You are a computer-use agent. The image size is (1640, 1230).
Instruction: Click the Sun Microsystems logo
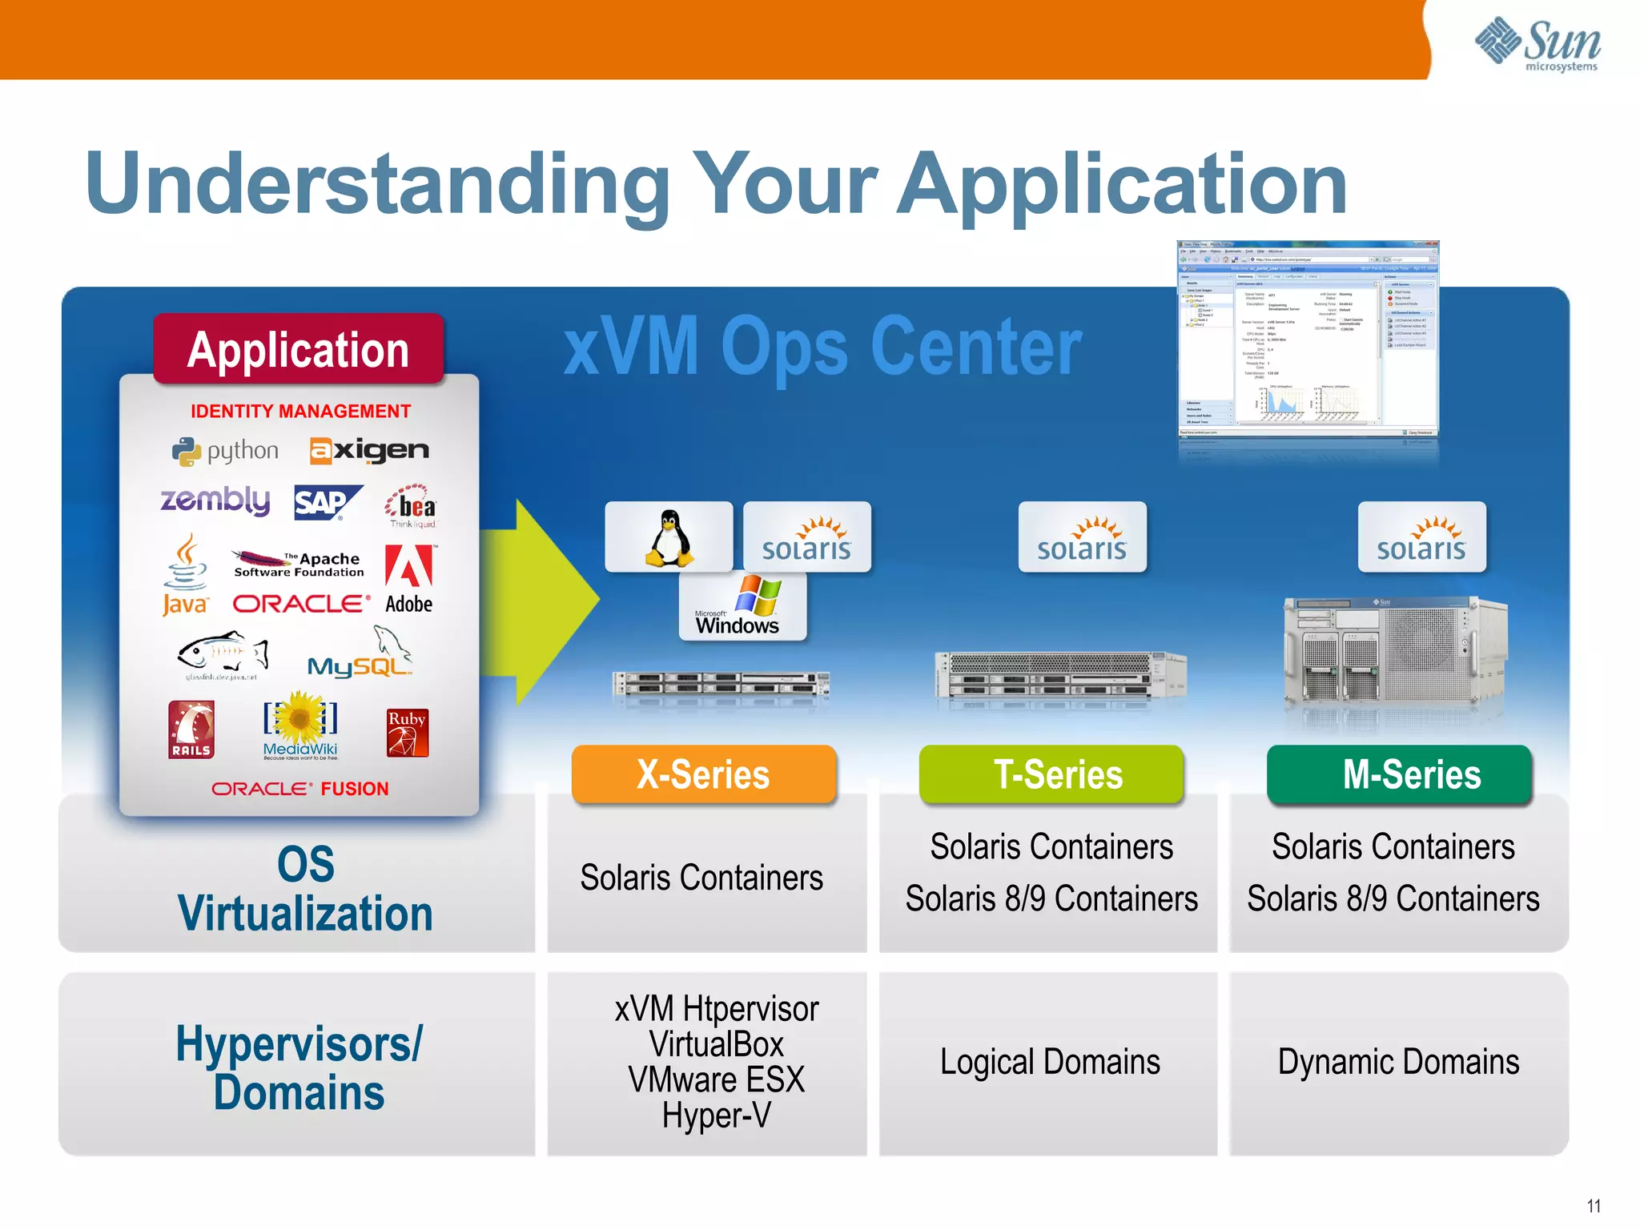[x=1537, y=45]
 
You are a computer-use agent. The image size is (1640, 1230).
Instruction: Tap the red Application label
[x=298, y=350]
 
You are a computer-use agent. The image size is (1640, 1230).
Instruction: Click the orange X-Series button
[x=703, y=774]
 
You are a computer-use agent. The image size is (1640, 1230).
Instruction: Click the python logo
[x=226, y=452]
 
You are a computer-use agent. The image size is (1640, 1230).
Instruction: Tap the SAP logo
[x=327, y=503]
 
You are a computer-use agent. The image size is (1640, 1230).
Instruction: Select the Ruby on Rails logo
[x=191, y=730]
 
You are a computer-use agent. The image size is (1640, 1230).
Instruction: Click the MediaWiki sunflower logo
[x=300, y=725]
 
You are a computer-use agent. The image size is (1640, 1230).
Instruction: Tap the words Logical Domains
[x=1049, y=1063]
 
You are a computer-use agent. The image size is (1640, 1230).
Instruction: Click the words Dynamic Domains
[x=1398, y=1063]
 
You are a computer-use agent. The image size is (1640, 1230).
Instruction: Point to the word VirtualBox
[x=716, y=1045]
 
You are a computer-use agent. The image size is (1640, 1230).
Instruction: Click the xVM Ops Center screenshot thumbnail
[x=1307, y=339]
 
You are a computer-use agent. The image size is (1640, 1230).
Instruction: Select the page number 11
[x=1594, y=1206]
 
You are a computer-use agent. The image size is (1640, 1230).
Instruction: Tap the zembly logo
[x=215, y=500]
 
